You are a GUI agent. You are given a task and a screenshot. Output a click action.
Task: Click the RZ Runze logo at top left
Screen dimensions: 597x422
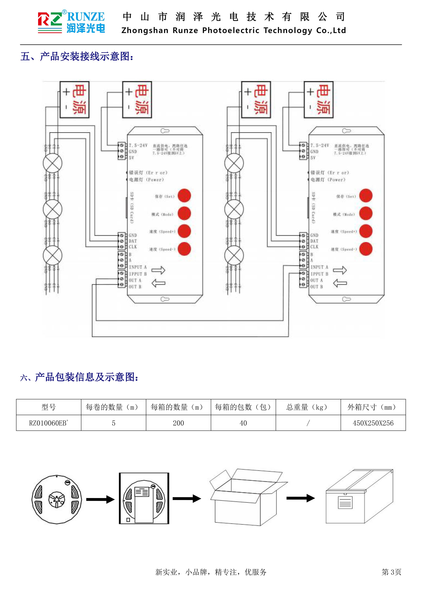(x=71, y=22)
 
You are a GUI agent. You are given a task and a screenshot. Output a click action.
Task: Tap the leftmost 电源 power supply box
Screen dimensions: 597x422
(x=75, y=100)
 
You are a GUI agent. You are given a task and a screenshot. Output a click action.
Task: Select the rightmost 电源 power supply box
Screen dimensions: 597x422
(x=319, y=100)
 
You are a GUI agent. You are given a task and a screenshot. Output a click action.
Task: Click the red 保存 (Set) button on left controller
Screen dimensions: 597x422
(x=184, y=196)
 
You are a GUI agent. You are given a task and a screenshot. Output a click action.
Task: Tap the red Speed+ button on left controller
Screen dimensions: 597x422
(x=184, y=231)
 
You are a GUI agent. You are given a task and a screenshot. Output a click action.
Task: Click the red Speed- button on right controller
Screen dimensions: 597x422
(x=366, y=249)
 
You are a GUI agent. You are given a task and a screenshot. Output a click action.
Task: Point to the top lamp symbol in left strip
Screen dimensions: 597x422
(x=52, y=163)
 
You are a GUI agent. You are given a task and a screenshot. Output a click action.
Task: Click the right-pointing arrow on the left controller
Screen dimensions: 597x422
(x=158, y=270)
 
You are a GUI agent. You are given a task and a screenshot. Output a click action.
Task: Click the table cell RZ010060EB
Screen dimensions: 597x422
(x=49, y=423)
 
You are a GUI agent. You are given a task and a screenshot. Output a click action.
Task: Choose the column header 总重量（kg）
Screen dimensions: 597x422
(x=308, y=407)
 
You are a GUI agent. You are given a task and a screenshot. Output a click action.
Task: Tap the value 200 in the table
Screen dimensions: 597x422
(x=178, y=423)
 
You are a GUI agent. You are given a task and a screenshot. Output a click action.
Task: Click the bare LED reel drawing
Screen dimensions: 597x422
(x=57, y=499)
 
